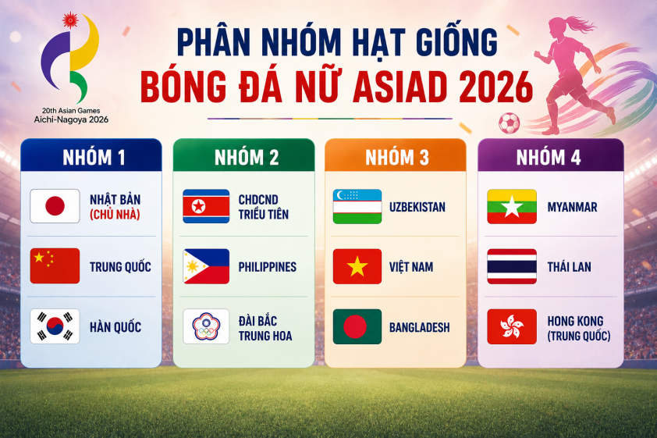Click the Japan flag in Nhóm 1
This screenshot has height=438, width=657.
click(55, 206)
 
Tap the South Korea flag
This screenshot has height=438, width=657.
click(55, 326)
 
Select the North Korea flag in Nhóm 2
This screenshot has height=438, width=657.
click(206, 206)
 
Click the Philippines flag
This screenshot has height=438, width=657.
click(206, 266)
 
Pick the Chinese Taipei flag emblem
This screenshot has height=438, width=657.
click(206, 326)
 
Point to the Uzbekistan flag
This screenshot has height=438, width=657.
click(357, 206)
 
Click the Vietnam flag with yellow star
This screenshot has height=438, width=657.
click(357, 266)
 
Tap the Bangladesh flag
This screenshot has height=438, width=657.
click(357, 326)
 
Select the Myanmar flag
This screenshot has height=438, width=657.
click(512, 206)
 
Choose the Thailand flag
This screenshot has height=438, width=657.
click(512, 266)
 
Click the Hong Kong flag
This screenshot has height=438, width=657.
click(512, 326)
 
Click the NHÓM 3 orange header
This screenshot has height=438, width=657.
click(396, 155)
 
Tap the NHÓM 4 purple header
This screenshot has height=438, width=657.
click(551, 155)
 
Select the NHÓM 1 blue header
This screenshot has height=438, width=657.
click(91, 155)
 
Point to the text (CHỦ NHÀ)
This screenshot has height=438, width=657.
click(115, 215)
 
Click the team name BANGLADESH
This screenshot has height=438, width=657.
click(420, 327)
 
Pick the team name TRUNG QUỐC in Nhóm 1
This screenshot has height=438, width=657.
click(120, 266)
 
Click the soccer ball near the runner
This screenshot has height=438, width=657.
click(509, 123)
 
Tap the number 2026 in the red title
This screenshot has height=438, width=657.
click(495, 87)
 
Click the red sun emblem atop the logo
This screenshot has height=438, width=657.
click(70, 20)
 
